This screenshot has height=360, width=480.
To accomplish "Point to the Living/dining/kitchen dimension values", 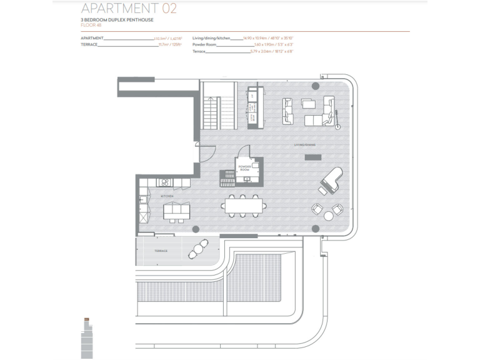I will (272, 38).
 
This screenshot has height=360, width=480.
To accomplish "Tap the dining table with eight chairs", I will (244, 205).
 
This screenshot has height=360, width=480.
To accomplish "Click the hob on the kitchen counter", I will (166, 182).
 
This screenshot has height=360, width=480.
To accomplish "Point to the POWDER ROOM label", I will (244, 167).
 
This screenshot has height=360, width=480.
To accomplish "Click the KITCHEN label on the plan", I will (166, 196).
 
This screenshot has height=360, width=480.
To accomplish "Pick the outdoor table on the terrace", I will (199, 249).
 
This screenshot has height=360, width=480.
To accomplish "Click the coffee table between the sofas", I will (309, 103).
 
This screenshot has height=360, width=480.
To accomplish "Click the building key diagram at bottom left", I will (86, 337).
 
